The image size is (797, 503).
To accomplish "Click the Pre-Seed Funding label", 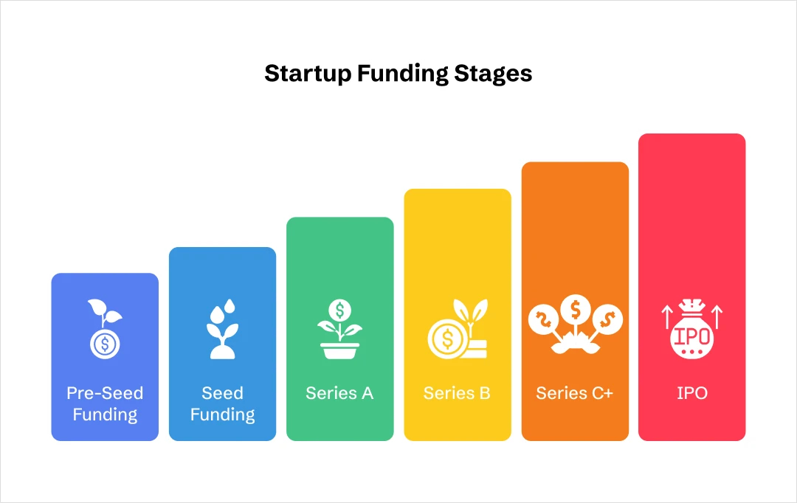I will pos(105,403).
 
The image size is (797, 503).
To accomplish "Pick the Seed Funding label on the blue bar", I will pos(222,403).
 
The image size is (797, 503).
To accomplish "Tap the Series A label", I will pos(339,393).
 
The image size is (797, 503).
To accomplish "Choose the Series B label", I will pos(457,393).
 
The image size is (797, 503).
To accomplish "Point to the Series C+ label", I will pos(575,393).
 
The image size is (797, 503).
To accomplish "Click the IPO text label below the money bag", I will pos(691,393).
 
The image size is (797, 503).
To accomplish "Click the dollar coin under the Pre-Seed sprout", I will pos(105,344).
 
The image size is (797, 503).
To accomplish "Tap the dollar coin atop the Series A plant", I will pos(339,308).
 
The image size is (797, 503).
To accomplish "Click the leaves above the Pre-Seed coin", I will pos(104,312).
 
